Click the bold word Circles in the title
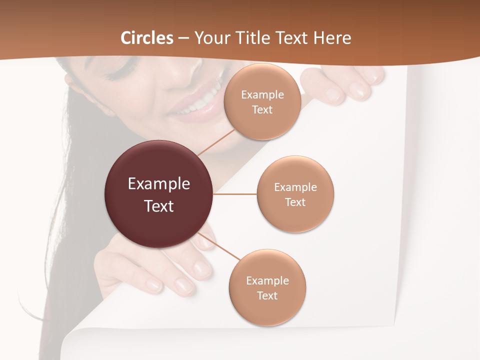coord(147,38)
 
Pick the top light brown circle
coord(262,102)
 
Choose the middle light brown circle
coord(295,194)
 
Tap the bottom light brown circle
coord(267,288)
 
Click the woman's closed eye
coord(120,70)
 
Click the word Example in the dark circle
coord(159,184)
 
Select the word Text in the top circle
coord(262,110)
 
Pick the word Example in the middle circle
coord(295,187)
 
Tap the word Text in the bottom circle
coord(267,295)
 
